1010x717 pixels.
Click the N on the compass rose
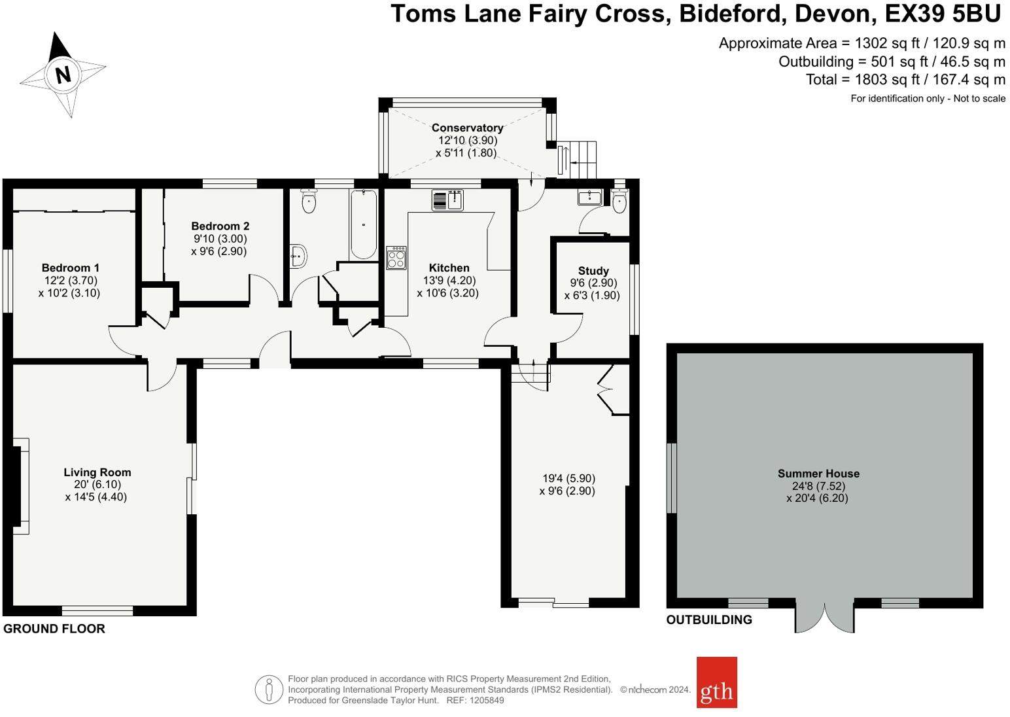63,74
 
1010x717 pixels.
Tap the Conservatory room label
467,128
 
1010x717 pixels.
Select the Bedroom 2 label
220,226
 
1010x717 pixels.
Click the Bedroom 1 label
71,268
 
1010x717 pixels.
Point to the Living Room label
97,472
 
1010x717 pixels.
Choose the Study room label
593,271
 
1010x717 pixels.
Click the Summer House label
818,474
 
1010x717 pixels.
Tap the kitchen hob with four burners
396,258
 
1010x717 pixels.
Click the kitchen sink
447,200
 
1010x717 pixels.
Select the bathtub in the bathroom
364,224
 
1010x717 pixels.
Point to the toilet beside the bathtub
308,201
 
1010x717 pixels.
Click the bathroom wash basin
298,256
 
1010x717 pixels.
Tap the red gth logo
716,682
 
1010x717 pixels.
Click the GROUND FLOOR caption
54,629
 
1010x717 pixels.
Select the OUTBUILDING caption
709,620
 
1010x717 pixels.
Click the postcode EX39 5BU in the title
943,14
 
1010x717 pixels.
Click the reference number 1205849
487,700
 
